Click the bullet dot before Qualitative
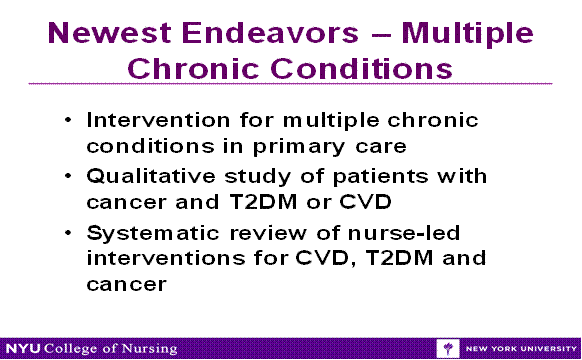click(67, 177)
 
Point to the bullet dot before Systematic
click(67, 234)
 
